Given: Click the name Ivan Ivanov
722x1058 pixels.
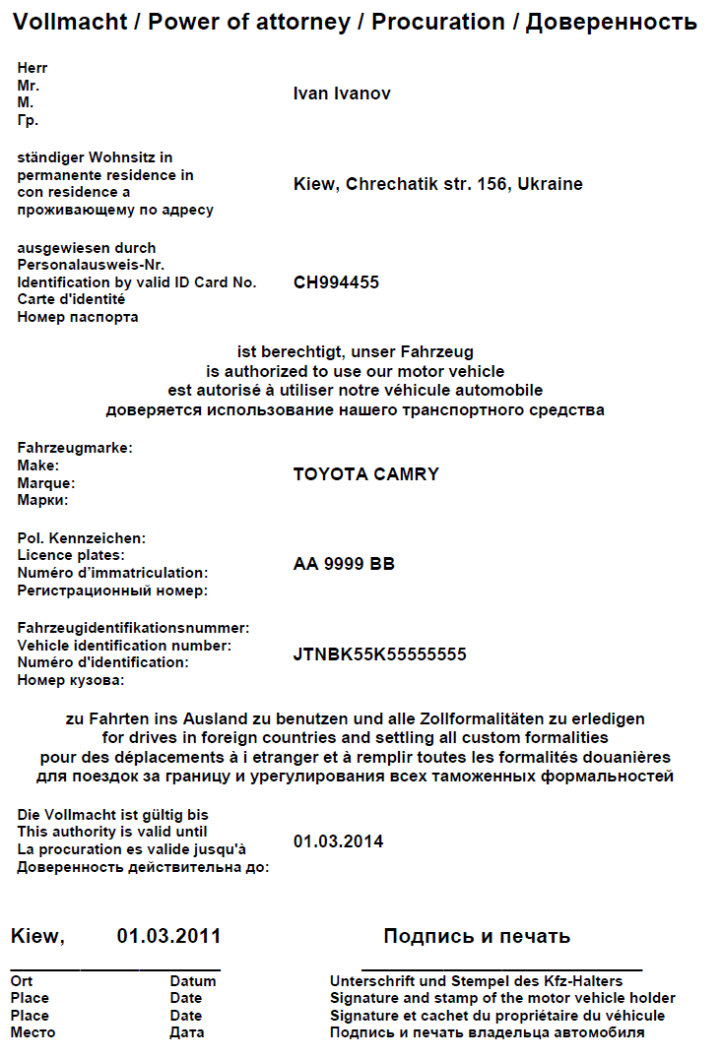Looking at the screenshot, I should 342,93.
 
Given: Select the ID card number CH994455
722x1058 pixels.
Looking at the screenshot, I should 336,282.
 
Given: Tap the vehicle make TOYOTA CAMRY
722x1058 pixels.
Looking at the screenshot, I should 366,474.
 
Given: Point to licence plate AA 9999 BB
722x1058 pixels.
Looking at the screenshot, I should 344,564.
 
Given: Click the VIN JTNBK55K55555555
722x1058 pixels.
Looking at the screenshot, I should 380,654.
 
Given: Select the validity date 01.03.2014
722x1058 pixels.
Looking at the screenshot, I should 338,841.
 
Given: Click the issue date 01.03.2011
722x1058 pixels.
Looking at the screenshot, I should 168,936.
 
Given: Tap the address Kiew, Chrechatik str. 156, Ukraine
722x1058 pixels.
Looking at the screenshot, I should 438,184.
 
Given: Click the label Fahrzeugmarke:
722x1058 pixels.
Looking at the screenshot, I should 75,448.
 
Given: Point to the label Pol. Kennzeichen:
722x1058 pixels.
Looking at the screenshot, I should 82,538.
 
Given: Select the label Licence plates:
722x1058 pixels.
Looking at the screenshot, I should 71,555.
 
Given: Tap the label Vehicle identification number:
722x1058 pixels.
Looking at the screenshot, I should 124,646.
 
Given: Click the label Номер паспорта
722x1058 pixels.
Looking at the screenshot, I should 78,317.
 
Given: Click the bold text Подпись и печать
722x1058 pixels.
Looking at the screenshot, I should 477,936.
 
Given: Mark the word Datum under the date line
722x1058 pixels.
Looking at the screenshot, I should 193,981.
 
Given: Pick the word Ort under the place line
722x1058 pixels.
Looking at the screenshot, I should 22,981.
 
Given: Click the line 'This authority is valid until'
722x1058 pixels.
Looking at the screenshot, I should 112,832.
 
